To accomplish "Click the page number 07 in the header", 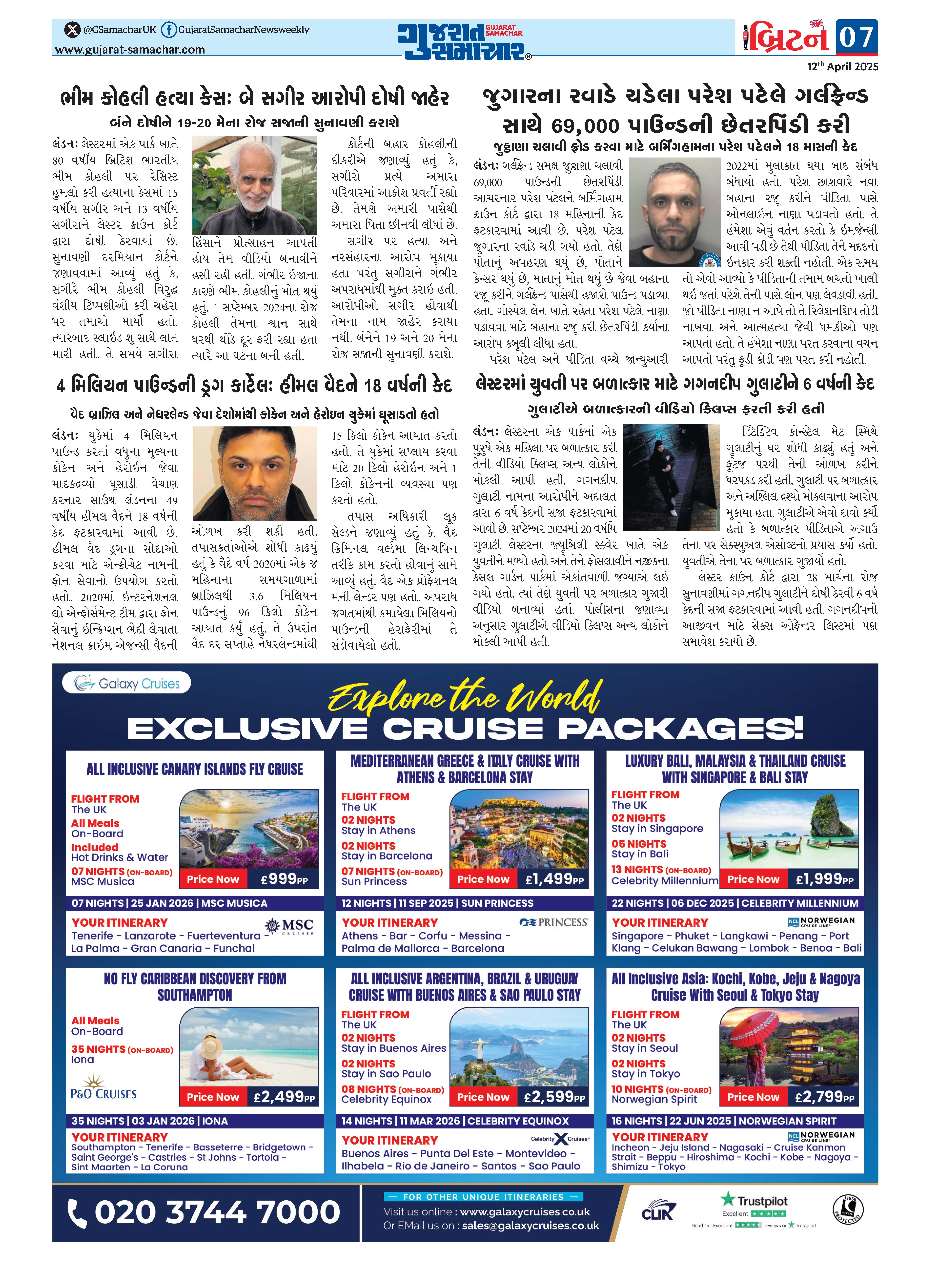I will tap(856, 38).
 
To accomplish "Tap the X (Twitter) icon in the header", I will tap(72, 29).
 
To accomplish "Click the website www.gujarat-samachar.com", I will tap(130, 50).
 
